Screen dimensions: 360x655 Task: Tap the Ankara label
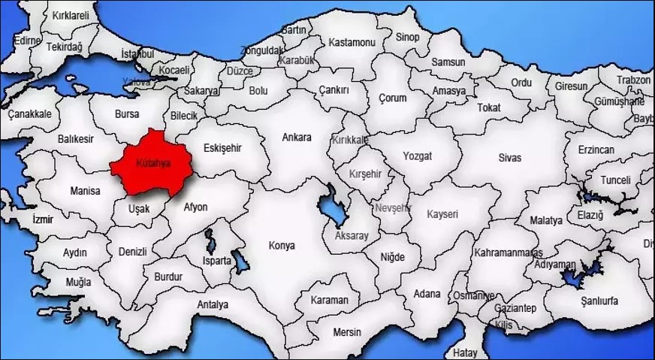pyautogui.click(x=296, y=138)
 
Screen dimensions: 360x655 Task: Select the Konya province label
pyautogui.click(x=282, y=245)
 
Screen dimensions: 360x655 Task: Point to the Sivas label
pyautogui.click(x=509, y=157)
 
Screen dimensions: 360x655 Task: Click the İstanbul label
pyautogui.click(x=137, y=54)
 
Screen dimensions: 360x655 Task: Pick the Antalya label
pyautogui.click(x=213, y=304)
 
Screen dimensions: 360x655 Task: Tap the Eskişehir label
pyautogui.click(x=222, y=148)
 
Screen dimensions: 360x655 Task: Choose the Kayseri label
pyautogui.click(x=442, y=214)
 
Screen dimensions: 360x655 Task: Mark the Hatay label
pyautogui.click(x=466, y=352)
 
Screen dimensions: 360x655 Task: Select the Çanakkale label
pyautogui.click(x=30, y=114)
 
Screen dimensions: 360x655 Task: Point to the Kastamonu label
pyautogui.click(x=352, y=43)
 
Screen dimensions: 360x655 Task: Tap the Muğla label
pyautogui.click(x=78, y=282)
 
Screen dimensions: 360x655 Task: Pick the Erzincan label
pyautogui.click(x=596, y=150)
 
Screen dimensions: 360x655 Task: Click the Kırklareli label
pyautogui.click(x=71, y=15)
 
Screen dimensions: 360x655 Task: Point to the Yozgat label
pyautogui.click(x=418, y=157)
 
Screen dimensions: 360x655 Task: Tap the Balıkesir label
pyautogui.click(x=76, y=140)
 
